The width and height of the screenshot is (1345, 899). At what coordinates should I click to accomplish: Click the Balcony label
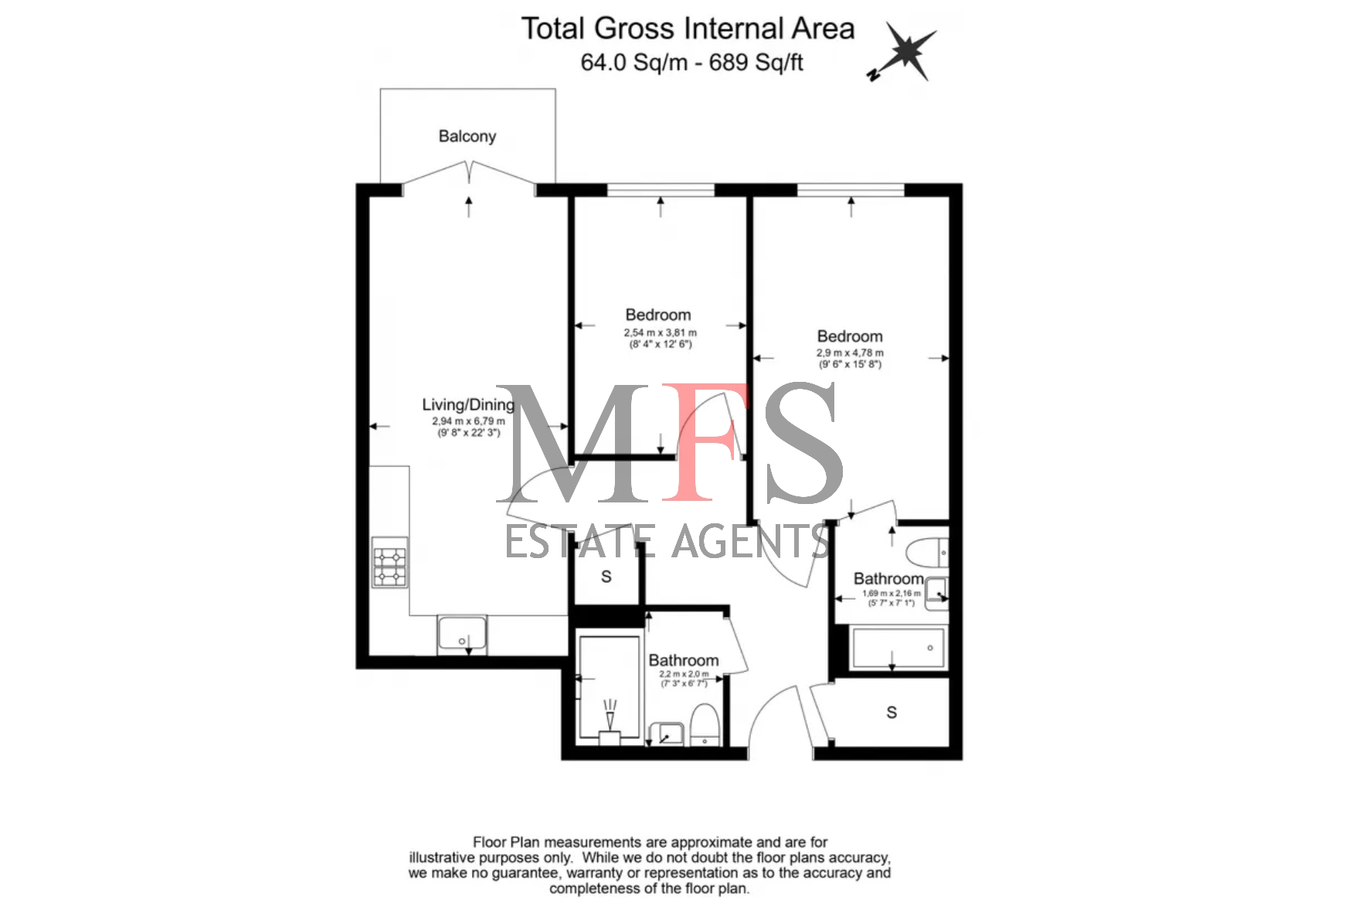(x=467, y=136)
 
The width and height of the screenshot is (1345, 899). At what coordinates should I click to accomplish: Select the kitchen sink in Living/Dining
(x=462, y=635)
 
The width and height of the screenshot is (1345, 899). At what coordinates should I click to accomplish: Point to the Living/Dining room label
(x=468, y=404)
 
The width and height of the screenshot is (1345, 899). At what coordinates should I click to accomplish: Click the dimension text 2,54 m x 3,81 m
(x=661, y=333)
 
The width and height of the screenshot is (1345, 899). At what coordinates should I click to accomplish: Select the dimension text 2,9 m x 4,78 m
(x=850, y=353)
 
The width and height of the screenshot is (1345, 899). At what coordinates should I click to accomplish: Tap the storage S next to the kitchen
(x=606, y=577)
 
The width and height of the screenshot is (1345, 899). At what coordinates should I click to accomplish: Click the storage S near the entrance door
(x=892, y=713)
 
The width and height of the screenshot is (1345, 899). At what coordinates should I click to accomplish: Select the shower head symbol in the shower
(x=610, y=715)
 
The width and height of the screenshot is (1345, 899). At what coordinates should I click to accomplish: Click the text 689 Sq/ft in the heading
(x=756, y=63)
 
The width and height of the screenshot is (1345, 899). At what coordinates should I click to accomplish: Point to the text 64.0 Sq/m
(x=633, y=63)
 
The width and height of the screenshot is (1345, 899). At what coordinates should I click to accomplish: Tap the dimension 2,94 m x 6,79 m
(x=468, y=421)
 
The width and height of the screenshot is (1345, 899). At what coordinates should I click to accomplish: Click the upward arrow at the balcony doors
(x=469, y=206)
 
